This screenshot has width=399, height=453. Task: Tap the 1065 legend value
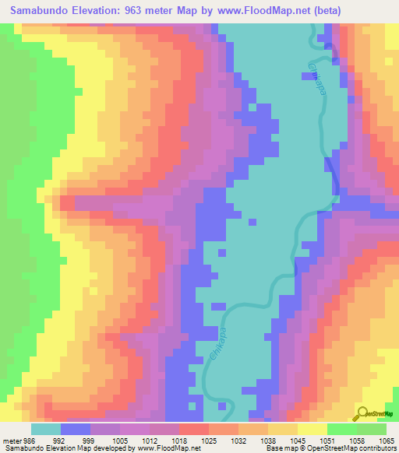coord(387,441)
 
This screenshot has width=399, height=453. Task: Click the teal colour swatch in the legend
coord(46,429)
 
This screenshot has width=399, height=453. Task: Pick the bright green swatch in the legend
coord(342,429)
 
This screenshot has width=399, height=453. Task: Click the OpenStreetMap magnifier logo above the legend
coord(362,413)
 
